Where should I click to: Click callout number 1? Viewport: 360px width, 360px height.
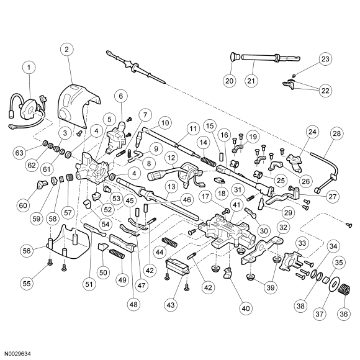pyautogui.click(x=29, y=68)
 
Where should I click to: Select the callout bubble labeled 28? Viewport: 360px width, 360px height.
pyautogui.click(x=336, y=133)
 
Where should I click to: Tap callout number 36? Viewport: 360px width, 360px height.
pyautogui.click(x=343, y=314)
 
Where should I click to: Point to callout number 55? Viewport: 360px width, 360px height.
pyautogui.click(x=27, y=284)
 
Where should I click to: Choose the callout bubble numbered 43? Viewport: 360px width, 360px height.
pyautogui.click(x=170, y=305)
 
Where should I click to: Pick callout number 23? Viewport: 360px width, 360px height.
pyautogui.click(x=325, y=59)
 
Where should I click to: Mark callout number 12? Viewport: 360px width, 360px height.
pyautogui.click(x=171, y=158)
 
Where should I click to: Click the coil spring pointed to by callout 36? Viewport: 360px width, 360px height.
pyautogui.click(x=344, y=289)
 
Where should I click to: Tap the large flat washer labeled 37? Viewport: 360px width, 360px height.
pyautogui.click(x=333, y=285)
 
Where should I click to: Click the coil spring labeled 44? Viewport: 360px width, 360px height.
pyautogui.click(x=169, y=242)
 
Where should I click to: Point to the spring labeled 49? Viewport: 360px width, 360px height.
pyautogui.click(x=117, y=254)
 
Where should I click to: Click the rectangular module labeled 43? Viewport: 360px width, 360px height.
pyautogui.click(x=178, y=266)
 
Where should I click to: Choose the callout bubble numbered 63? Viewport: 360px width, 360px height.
pyautogui.click(x=19, y=153)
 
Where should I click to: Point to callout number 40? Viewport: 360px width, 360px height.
pyautogui.click(x=245, y=308)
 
